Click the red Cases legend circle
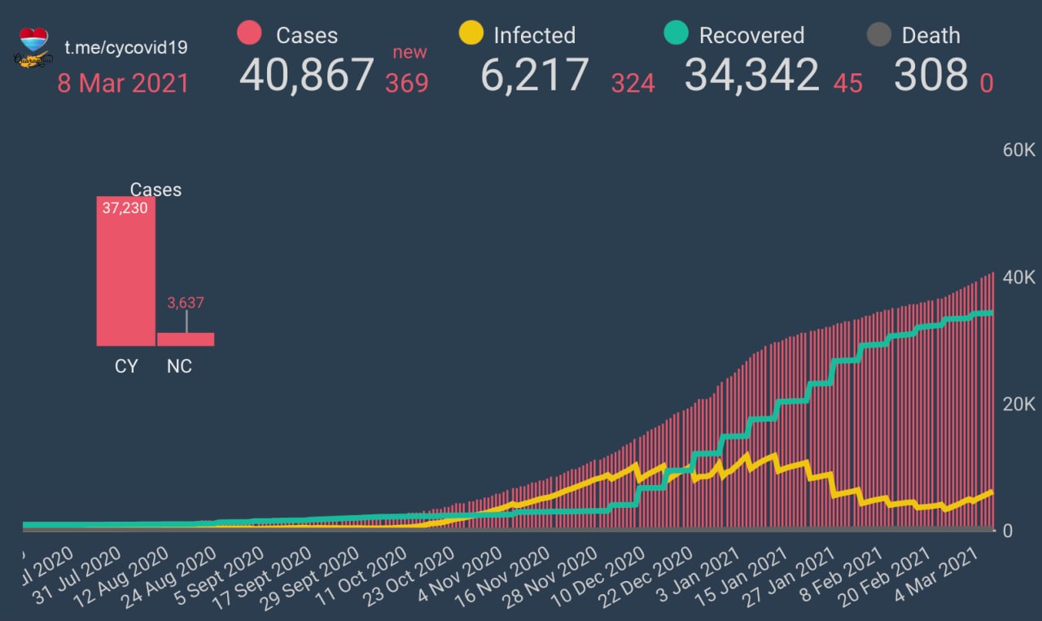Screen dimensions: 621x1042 tap(249, 34)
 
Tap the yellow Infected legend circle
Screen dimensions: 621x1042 tap(471, 34)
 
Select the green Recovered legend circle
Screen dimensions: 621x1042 tap(676, 34)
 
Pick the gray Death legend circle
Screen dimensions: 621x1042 tap(878, 35)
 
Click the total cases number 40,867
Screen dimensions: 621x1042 tap(306, 75)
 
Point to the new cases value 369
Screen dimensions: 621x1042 tap(407, 83)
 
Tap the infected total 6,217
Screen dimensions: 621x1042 tap(534, 75)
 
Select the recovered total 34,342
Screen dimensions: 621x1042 tap(751, 75)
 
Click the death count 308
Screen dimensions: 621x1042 tap(930, 75)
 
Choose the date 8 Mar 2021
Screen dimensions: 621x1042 tap(123, 83)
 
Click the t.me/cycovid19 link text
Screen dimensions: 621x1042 tap(126, 47)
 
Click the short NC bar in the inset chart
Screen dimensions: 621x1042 tap(186, 339)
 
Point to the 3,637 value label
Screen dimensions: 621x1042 tap(186, 303)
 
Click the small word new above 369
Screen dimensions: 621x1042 tap(409, 52)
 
